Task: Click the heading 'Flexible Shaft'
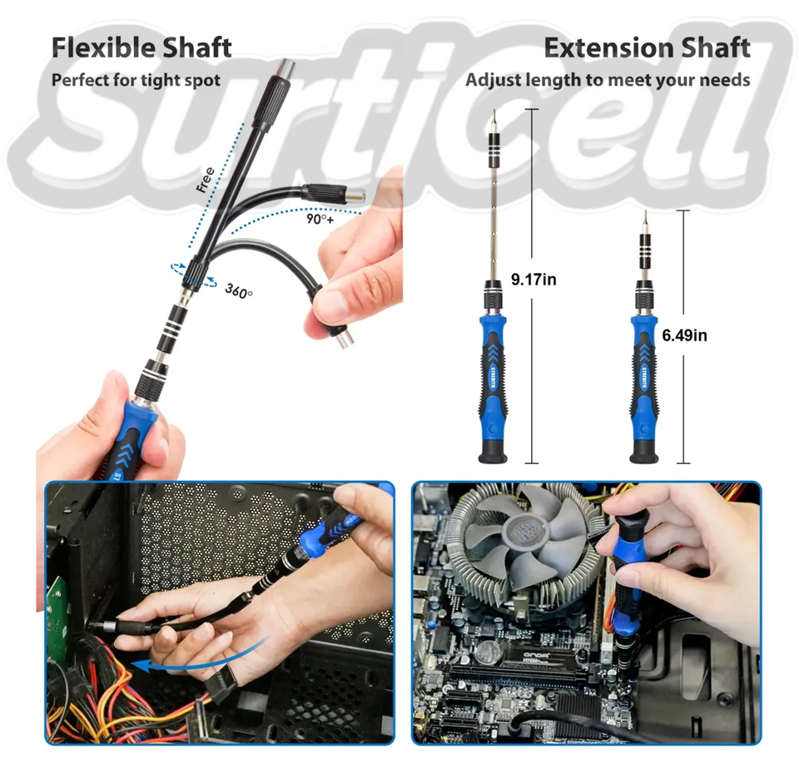click(x=141, y=48)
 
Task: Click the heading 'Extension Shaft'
click(x=648, y=48)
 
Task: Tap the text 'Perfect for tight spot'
click(x=136, y=81)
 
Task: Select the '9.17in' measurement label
click(x=533, y=280)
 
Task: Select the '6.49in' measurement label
click(x=684, y=335)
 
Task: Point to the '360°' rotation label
click(x=239, y=290)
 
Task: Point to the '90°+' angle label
click(x=320, y=219)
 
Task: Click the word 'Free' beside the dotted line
click(x=206, y=181)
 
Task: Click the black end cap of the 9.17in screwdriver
click(x=492, y=452)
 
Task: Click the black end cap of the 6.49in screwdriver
click(x=643, y=452)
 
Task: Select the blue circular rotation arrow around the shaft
click(x=194, y=274)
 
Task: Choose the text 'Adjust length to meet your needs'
click(x=608, y=81)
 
